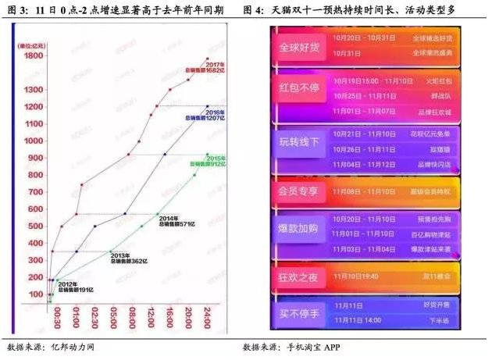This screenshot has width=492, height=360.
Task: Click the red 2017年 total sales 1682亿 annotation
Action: tap(199, 68)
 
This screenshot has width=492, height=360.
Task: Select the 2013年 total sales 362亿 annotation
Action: tap(125, 258)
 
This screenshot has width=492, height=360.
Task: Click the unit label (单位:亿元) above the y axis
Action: tap(33, 45)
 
